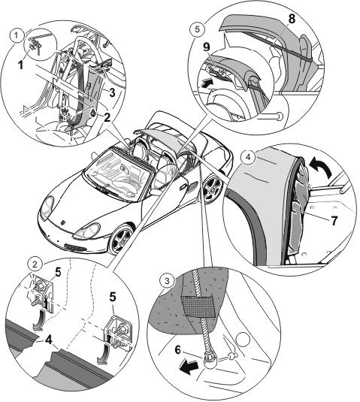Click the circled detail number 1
17,35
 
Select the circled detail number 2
35,264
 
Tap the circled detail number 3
167,281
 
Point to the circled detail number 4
248,156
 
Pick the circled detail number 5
197,29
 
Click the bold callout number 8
292,20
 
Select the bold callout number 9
207,47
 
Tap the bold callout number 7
334,221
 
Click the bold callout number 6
177,349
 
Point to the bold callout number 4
48,340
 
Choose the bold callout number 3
112,92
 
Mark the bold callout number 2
107,117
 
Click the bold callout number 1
20,65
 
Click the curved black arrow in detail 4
321,166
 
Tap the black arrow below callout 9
207,83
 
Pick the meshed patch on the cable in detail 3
199,307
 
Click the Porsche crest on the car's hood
63,222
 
